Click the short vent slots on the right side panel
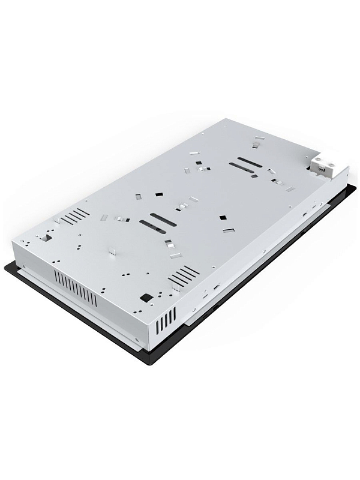coord(166,318)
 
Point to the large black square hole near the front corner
coord(145,297)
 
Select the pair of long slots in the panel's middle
coord(155,221)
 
